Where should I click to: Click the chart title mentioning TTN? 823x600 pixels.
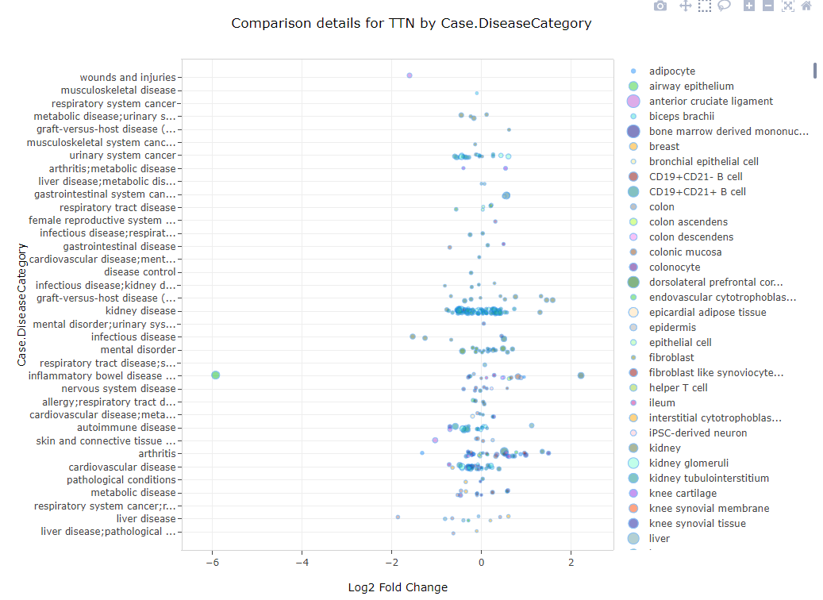411,24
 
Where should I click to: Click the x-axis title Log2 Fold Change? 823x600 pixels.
398,587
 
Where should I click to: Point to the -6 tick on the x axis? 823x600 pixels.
212,563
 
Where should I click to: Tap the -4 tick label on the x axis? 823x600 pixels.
302,563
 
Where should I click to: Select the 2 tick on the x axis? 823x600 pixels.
571,563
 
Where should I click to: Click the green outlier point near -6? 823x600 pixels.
215,375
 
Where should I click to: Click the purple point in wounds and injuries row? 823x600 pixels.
410,75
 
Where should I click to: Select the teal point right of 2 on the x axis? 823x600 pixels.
581,375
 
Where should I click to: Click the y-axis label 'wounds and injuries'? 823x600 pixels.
127,78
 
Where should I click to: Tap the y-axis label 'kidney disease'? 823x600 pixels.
140,311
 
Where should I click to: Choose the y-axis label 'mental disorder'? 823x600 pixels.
138,350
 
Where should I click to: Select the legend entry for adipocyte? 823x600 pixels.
671,71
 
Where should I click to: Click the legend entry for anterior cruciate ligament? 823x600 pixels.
710,102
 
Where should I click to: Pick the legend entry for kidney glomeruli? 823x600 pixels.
688,463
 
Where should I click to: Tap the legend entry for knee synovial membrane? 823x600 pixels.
709,509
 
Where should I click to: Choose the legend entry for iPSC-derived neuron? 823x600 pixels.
698,433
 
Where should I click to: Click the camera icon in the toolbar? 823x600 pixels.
660,6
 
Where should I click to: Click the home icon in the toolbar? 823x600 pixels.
806,6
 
